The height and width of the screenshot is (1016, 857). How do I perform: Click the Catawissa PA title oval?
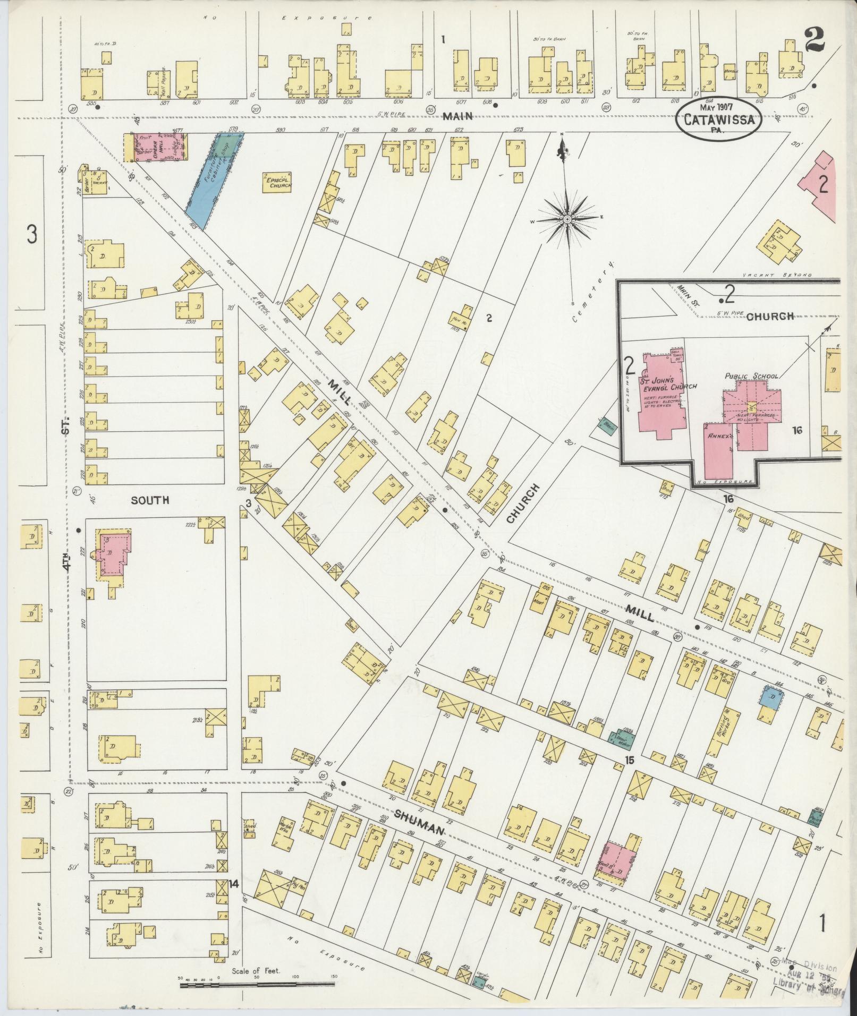coord(718,119)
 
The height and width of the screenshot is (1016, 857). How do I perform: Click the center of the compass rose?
coord(567,219)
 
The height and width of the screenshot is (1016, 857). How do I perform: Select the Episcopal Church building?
coord(279,183)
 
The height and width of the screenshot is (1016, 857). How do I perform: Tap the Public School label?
coord(751,376)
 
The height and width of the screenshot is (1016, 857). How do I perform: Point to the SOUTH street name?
coord(150,500)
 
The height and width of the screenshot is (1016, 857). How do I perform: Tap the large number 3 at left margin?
coord(32,234)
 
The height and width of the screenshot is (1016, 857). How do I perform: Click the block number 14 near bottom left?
coord(233,884)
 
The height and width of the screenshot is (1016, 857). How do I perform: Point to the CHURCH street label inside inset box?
coord(770,317)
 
